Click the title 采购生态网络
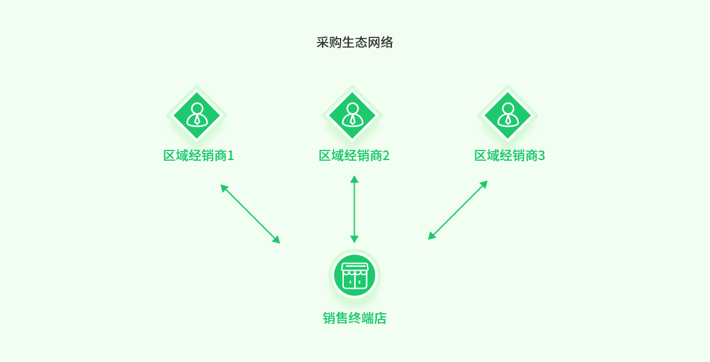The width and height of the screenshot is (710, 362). pos(355,42)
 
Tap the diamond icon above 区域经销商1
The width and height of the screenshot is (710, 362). pos(197,116)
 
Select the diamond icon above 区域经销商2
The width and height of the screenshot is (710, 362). pos(352,116)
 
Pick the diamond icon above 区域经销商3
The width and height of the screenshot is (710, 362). pos(508,116)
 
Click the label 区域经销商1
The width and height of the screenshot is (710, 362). pos(199,156)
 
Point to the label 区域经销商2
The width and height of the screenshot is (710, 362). pos(354,156)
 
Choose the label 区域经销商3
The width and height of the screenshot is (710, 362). pos(510,156)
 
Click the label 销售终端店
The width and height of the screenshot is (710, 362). pos(355,318)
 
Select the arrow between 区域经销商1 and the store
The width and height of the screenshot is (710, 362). pos(251,214)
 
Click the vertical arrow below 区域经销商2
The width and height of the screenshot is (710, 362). pos(354,209)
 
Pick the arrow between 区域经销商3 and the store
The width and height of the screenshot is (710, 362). pos(457,210)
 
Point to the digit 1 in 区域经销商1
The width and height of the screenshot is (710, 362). pos(231,156)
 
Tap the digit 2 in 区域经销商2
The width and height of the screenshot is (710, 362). pos(386,156)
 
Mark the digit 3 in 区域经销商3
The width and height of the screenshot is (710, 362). pos(542,156)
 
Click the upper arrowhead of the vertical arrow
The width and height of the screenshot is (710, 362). pos(354,179)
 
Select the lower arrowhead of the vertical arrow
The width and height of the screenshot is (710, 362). pos(354,239)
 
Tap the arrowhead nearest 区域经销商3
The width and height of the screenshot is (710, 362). pos(484,184)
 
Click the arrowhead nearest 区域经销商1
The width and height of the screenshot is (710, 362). pos(224,188)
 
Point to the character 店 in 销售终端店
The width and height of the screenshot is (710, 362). pos(380,318)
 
